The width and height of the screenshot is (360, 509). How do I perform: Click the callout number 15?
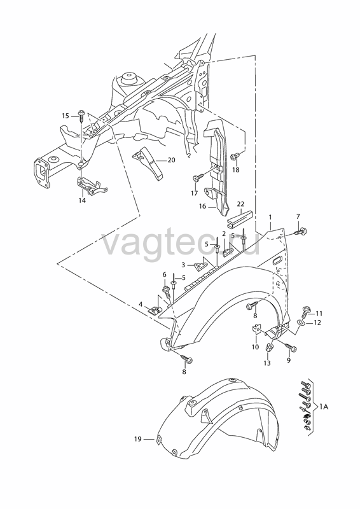pos(66,116)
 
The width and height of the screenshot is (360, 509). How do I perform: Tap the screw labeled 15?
pos(81,116)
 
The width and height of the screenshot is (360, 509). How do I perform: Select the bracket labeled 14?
pos(92,186)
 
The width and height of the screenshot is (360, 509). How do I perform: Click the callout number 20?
pos(171,160)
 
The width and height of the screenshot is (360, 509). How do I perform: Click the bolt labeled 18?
pos(235,157)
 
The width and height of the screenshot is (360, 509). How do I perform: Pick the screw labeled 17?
pos(198,178)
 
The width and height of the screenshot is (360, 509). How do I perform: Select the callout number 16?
pos(202,206)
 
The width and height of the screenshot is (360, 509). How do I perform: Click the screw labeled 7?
pos(300,232)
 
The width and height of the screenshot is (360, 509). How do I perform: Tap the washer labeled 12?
pos(301,323)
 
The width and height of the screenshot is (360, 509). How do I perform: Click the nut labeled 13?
pos(269,347)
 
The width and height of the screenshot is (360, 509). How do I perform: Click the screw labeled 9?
pos(290,347)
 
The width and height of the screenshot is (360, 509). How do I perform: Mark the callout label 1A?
pos(324,407)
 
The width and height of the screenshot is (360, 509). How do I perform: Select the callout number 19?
pos(138,439)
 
